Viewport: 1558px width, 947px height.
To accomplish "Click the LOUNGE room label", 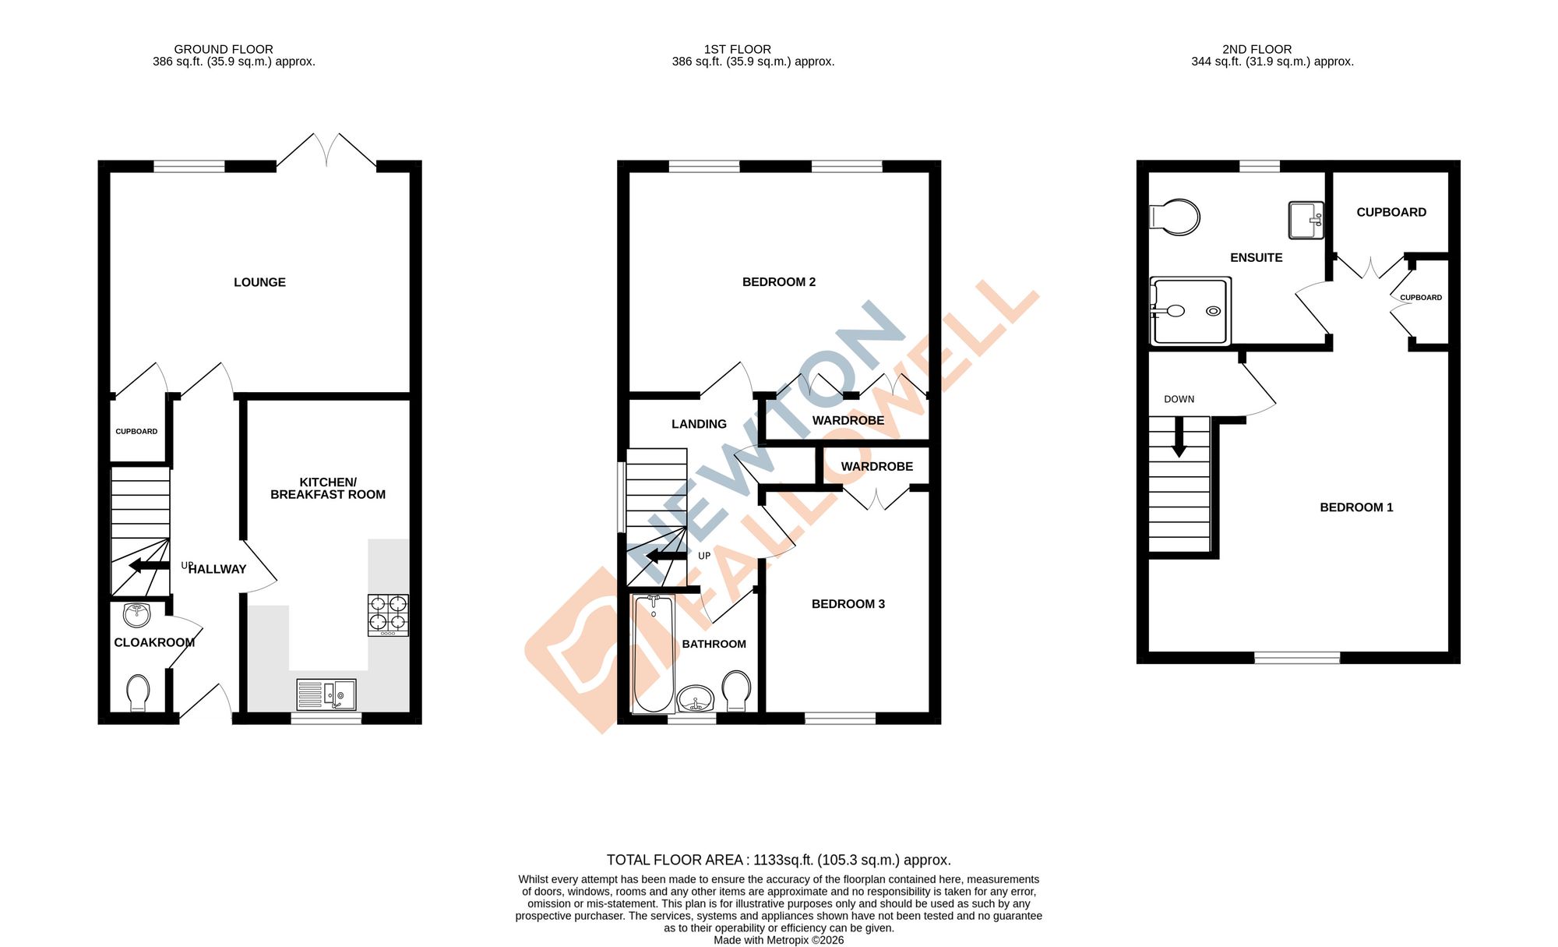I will click(x=259, y=282).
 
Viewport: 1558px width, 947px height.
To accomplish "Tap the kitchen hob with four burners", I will click(x=388, y=614).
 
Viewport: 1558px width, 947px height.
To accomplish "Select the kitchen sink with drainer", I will click(x=326, y=694).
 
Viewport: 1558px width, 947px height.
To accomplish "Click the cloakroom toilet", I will click(x=138, y=691).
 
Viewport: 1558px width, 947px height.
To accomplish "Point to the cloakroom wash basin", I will click(x=137, y=615).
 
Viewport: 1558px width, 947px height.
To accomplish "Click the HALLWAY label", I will click(x=217, y=569).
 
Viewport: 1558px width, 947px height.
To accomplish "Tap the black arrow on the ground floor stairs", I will click(x=149, y=565).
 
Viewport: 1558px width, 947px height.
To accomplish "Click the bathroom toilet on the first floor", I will click(x=736, y=689).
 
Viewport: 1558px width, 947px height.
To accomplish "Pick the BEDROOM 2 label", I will click(x=778, y=282).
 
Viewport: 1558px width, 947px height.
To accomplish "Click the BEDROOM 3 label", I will click(x=848, y=604).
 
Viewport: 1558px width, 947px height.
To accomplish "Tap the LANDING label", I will click(x=699, y=424).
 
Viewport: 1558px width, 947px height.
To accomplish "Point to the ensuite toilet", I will click(x=1176, y=217).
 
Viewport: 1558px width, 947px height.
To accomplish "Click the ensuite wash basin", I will click(x=1306, y=220).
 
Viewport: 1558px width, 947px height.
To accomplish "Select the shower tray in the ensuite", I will click(x=1190, y=311).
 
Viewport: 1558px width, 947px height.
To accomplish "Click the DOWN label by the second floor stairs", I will click(x=1179, y=399).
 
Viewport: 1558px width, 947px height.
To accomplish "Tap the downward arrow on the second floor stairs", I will click(x=1179, y=438).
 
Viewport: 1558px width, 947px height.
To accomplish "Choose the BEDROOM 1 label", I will click(x=1356, y=507).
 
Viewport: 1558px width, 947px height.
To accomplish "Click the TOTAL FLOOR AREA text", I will click(x=778, y=860).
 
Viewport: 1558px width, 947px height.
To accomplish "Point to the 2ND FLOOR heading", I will click(x=1257, y=49).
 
